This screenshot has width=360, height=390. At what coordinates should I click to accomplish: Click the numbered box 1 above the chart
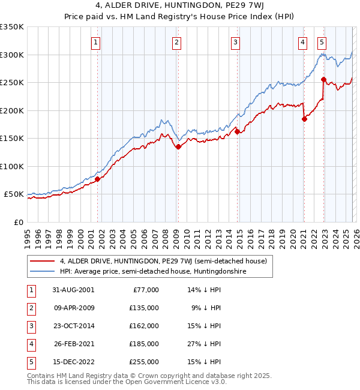click(97, 42)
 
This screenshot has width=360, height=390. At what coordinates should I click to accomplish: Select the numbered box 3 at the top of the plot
click(236, 42)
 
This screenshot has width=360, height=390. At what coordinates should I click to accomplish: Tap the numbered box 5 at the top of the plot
click(322, 42)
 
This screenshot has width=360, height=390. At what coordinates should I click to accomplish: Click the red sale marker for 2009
click(178, 146)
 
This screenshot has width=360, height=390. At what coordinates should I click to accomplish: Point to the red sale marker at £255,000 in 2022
click(323, 79)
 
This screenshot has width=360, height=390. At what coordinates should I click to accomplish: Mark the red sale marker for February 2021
click(304, 119)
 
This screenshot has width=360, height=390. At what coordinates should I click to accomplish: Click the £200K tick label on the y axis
click(12, 110)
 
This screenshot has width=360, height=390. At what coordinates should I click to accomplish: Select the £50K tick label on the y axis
click(14, 194)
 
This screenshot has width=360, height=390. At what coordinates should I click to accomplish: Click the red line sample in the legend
click(43, 261)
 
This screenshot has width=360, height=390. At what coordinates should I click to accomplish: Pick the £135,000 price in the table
click(145, 308)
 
